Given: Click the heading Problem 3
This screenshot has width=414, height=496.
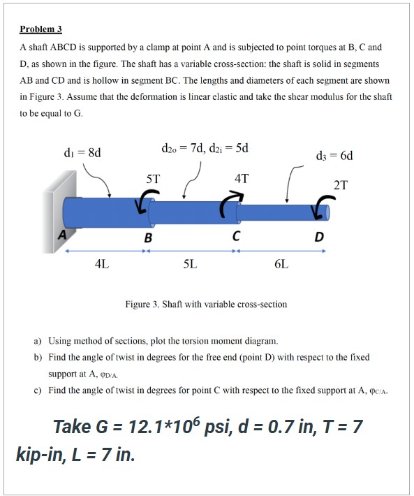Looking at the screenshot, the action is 40,29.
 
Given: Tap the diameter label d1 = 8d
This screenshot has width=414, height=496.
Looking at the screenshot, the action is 82,153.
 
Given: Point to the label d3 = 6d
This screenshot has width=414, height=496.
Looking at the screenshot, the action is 336,156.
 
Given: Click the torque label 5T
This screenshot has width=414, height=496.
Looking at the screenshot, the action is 153,179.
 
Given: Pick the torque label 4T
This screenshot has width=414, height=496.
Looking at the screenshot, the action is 241,179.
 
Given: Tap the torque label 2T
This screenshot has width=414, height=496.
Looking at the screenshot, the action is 340,185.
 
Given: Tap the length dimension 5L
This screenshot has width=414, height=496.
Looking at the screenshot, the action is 190,265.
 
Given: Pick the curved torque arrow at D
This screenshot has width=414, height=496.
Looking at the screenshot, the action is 322,205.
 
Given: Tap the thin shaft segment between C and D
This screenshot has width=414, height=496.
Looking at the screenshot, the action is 276,211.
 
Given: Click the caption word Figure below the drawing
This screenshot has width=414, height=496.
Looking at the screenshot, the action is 138,304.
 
